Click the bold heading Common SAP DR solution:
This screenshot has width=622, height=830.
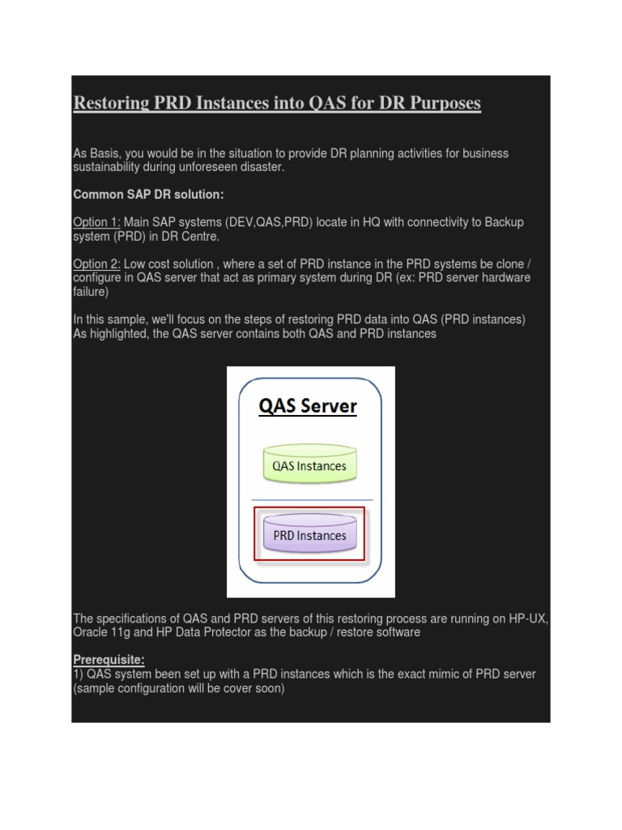point(148,195)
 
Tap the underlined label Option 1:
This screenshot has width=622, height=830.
point(96,222)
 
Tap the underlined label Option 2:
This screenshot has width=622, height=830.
point(96,264)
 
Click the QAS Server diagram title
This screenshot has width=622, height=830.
point(308,406)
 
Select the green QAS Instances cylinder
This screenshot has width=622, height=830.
point(309,466)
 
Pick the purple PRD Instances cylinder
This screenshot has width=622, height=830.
point(309,535)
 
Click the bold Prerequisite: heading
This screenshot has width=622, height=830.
point(109,660)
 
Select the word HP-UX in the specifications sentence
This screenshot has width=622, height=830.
point(529,618)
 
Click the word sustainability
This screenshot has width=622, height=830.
point(106,167)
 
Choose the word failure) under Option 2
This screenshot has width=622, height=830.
point(91,292)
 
